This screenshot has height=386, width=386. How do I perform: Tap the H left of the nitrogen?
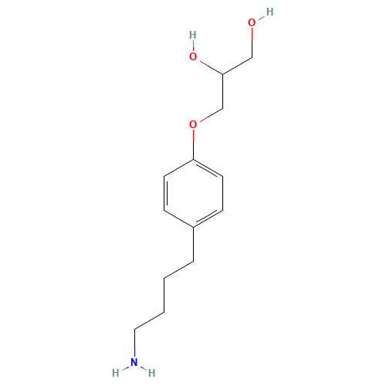[x=116, y=372]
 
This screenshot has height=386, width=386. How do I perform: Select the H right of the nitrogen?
[x=152, y=372]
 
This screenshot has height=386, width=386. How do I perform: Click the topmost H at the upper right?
[x=269, y=12]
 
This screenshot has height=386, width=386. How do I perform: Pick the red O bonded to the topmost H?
[x=252, y=22]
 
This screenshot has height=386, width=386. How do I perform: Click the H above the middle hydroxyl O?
[x=192, y=36]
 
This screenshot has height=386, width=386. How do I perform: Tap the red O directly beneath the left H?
[x=192, y=56]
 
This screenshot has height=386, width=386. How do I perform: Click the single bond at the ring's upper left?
[x=178, y=168]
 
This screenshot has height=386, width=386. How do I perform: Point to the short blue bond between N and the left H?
[x=124, y=367]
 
